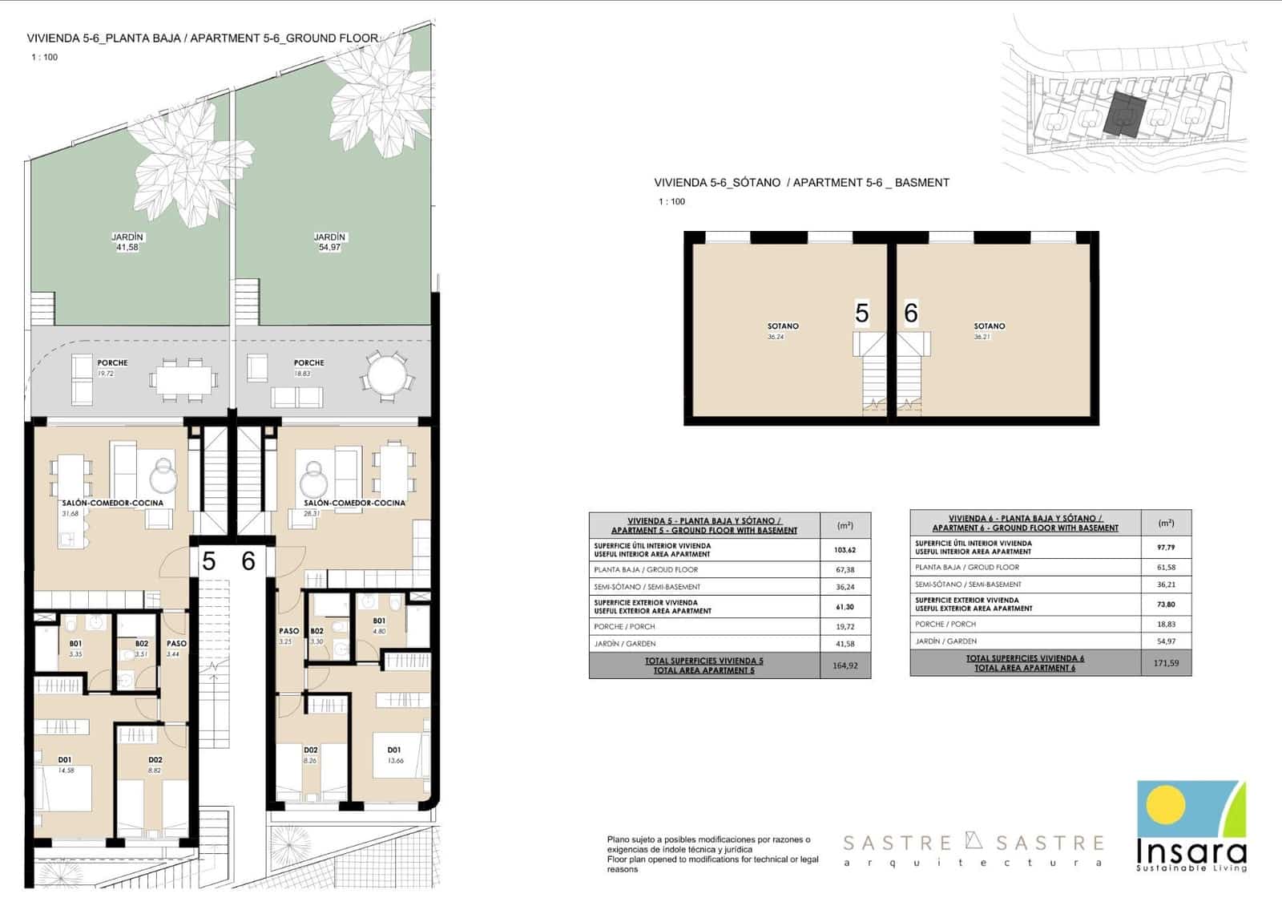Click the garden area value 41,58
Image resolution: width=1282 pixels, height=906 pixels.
click(127, 248)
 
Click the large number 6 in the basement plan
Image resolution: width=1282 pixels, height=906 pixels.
click(910, 313)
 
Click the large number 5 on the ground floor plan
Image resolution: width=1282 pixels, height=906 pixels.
click(209, 561)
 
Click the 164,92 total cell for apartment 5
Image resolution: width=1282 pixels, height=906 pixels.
click(845, 665)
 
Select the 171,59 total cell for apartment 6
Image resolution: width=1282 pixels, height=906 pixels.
click(1166, 663)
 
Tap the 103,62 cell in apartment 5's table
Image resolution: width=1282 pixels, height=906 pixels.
click(845, 550)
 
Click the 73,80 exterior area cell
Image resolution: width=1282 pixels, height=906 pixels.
click(1166, 605)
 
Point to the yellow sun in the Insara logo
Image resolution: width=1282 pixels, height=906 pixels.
click(1166, 804)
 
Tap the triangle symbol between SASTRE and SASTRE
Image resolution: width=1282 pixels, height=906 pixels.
click(974, 841)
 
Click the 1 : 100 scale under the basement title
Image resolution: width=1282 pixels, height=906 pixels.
click(671, 202)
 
